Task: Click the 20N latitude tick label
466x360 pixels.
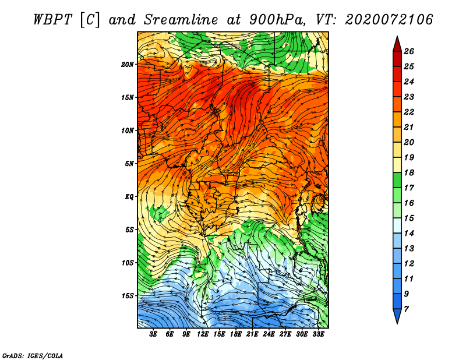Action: pos(128,65)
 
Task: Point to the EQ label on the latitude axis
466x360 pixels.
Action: pos(129,197)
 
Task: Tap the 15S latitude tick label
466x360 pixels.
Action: pos(128,296)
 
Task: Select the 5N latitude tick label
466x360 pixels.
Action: pos(129,164)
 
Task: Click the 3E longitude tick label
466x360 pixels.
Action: pos(153,334)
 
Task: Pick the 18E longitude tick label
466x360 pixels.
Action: pos(236,334)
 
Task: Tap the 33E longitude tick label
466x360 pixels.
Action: pos(318,334)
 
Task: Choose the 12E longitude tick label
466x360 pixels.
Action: pos(203,334)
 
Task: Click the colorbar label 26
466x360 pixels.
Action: pos(409,51)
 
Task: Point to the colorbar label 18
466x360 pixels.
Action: pos(409,172)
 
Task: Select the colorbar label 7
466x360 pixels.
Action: pos(406,309)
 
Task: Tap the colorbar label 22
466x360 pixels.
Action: pos(409,112)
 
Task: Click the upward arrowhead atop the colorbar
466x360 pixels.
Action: pos(397,44)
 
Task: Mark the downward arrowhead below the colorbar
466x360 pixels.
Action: pos(397,316)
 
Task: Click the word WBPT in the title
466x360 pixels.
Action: pos(53,20)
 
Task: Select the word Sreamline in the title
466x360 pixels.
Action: pos(181,20)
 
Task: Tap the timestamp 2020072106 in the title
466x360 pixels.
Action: pos(389,20)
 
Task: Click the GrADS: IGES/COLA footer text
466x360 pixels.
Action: pos(33,355)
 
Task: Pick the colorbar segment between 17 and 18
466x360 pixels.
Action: pos(397,180)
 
